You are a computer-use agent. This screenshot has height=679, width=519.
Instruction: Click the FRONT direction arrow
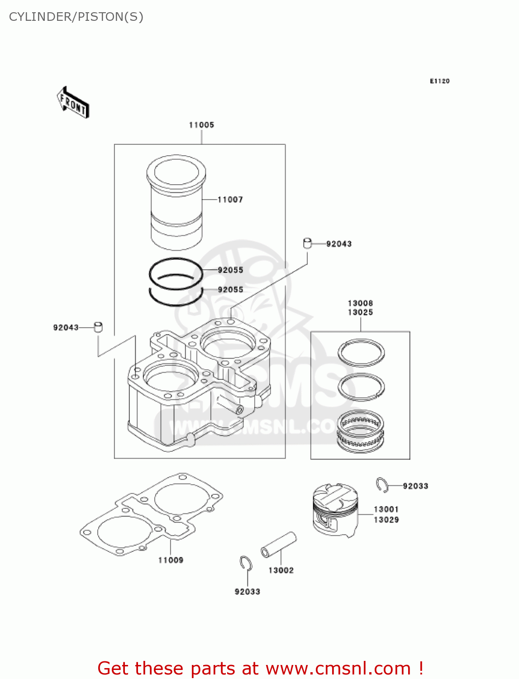tap(73, 103)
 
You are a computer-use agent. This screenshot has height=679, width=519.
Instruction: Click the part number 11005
tap(201, 125)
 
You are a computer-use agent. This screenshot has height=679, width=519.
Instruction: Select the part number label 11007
tap(230, 200)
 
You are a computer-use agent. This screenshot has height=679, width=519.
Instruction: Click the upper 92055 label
tap(230, 270)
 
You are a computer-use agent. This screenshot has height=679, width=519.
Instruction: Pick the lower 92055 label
tap(230, 290)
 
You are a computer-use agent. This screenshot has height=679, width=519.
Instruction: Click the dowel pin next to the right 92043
tap(308, 244)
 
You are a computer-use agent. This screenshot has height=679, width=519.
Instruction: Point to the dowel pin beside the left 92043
tap(98, 327)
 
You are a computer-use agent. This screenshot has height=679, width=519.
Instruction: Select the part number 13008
tap(360, 303)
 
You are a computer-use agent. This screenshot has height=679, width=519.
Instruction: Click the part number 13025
tap(360, 312)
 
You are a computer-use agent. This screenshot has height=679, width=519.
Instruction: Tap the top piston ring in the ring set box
tap(361, 352)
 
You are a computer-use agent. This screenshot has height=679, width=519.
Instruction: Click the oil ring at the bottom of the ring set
tap(361, 431)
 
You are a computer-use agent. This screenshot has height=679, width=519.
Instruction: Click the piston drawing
tap(335, 510)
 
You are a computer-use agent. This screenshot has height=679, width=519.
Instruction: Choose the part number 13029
tap(386, 520)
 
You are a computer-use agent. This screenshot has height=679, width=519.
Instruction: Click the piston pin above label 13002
tap(278, 545)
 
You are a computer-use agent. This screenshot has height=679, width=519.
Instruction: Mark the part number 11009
tap(171, 560)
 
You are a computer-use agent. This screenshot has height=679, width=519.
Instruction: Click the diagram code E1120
tap(439, 81)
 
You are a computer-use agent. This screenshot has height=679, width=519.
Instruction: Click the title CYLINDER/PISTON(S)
tap(76, 17)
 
